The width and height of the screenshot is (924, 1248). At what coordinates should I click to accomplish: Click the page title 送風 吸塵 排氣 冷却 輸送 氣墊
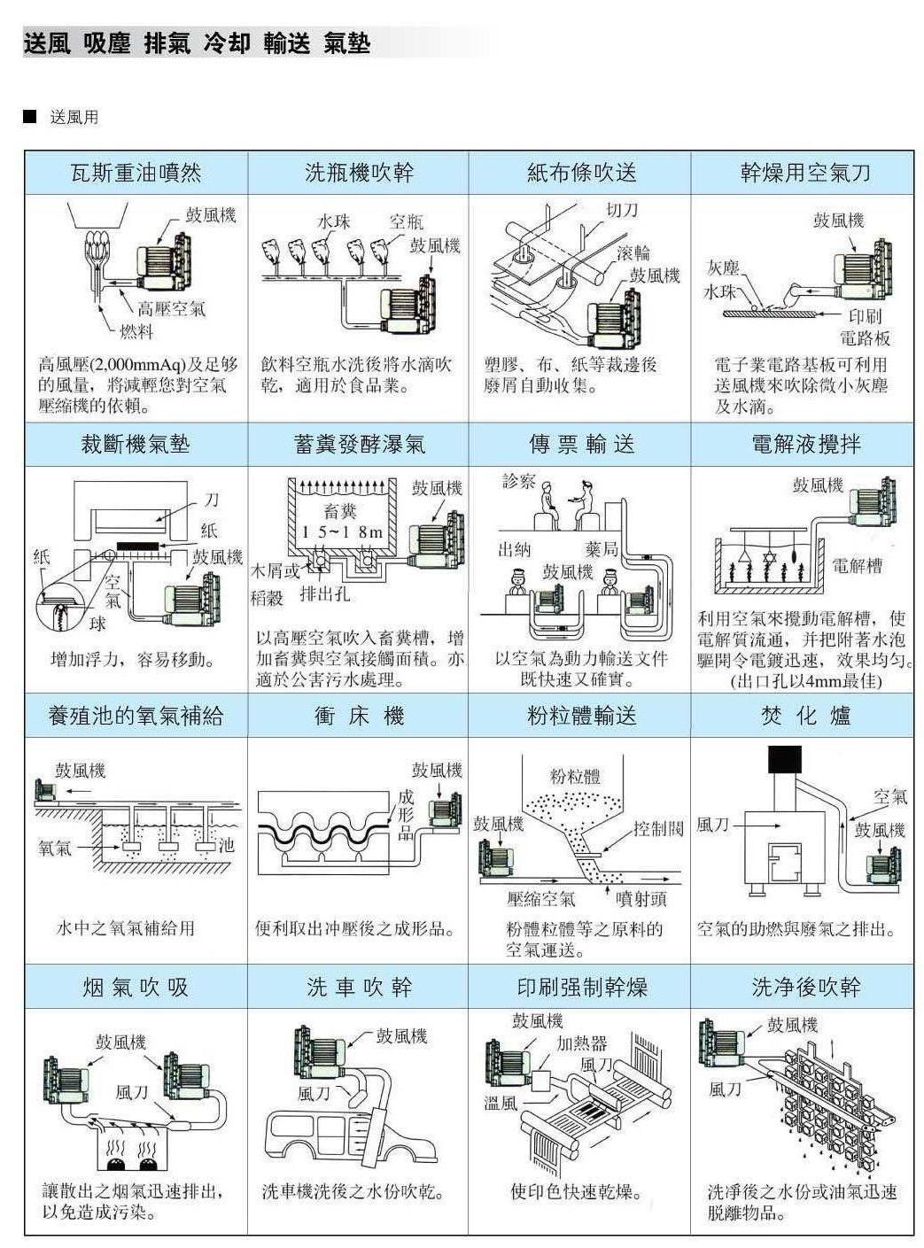coord(197,43)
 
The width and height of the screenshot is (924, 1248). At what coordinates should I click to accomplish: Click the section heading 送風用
coord(74,117)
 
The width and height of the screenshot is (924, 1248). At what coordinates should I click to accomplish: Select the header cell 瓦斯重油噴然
coord(136,173)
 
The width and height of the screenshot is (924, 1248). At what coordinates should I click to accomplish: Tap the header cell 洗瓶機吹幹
coord(358,173)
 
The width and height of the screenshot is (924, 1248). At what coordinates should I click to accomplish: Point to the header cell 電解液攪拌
coord(804,444)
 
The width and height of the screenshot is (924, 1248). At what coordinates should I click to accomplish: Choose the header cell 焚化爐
coord(804,716)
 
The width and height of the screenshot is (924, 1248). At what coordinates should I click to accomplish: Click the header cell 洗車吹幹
coord(358,987)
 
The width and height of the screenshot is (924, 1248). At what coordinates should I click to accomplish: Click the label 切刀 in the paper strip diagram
coord(621,211)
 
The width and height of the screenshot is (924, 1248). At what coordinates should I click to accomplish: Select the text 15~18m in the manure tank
coord(342,532)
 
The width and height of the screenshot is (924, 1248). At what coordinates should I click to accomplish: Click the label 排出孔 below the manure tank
coord(324,593)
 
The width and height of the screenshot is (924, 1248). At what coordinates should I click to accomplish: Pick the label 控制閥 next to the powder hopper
coord(658,828)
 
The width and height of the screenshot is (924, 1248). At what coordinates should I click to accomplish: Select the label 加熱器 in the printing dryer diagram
coord(581,1043)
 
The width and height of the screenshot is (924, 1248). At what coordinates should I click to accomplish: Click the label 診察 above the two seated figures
coord(518,481)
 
